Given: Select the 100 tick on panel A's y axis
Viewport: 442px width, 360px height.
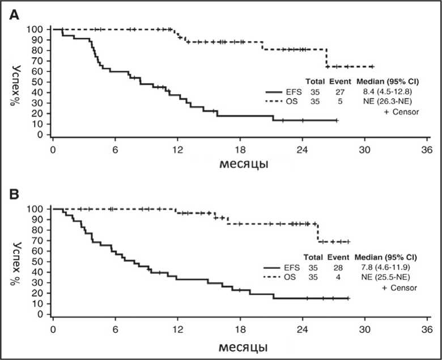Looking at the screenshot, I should point(37,29).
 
